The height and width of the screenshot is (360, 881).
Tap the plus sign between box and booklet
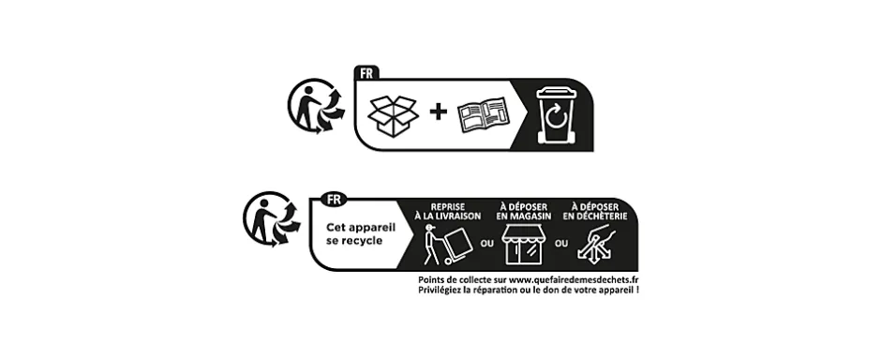point(438,113)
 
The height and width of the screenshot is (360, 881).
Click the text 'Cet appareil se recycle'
point(353,232)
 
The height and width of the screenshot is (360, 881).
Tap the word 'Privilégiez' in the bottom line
point(442,292)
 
